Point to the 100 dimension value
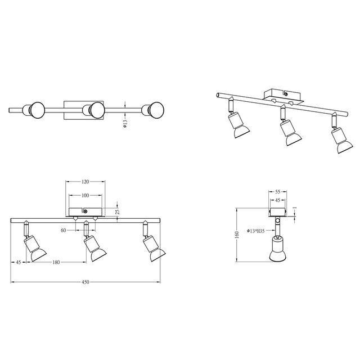(x=85, y=195)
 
